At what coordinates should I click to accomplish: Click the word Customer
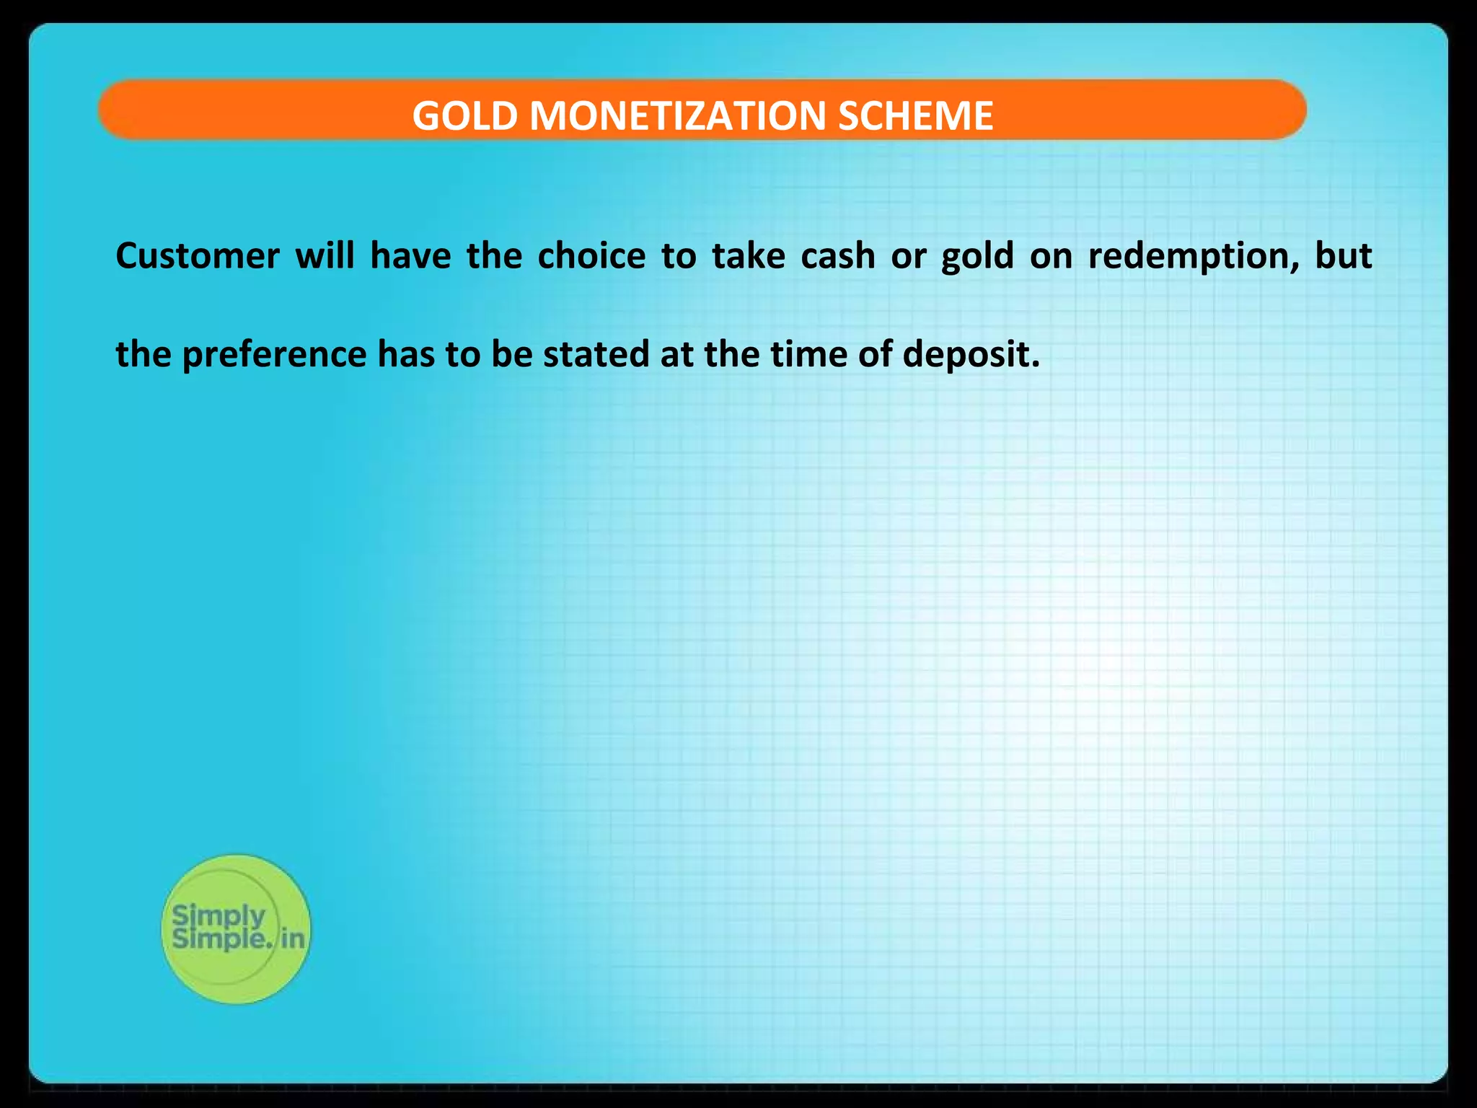(x=198, y=256)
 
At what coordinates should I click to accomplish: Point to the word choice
(x=591, y=256)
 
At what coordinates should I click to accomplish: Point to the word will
(x=325, y=256)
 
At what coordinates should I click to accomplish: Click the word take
(x=748, y=256)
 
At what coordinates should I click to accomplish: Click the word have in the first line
(x=410, y=256)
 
